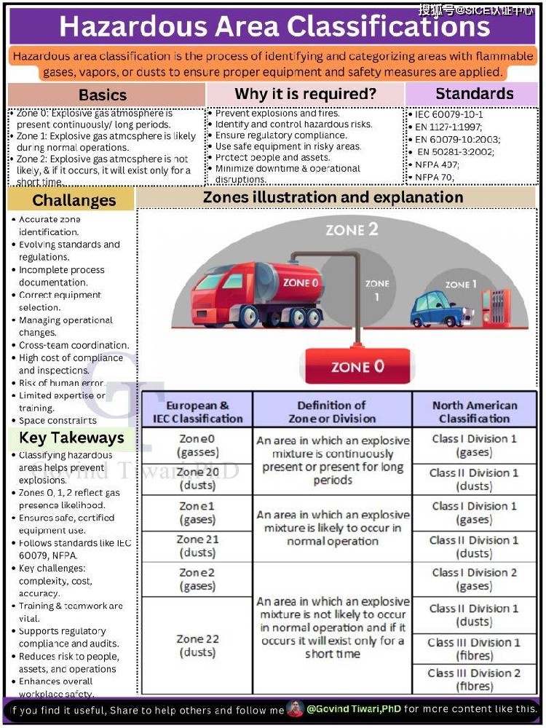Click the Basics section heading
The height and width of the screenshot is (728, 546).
click(x=103, y=95)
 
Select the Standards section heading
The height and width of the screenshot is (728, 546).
click(x=474, y=94)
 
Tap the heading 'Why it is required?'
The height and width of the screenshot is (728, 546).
click(x=305, y=94)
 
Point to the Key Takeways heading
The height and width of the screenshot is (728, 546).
click(x=71, y=438)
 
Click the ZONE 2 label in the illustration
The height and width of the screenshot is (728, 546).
click(x=352, y=230)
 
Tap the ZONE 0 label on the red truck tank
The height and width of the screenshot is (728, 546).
click(x=300, y=282)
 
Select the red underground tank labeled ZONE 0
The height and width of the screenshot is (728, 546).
click(x=357, y=366)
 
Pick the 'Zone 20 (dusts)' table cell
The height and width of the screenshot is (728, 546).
click(x=197, y=479)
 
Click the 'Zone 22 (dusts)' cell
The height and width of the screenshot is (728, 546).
click(x=197, y=645)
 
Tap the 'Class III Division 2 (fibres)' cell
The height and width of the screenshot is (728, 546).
click(x=474, y=679)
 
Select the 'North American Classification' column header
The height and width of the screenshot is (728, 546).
click(x=474, y=412)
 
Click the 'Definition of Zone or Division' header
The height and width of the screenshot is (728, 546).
click(x=332, y=412)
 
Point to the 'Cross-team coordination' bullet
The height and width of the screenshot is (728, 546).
click(x=74, y=345)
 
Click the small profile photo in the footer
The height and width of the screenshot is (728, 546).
click(x=295, y=708)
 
